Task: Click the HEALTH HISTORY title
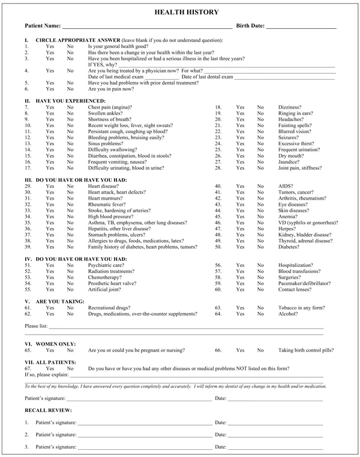click(x=179, y=12)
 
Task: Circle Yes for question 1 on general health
click(x=50, y=46)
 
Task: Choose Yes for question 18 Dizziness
click(x=240, y=107)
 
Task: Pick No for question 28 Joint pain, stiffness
click(x=260, y=169)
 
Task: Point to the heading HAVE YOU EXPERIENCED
click(x=71, y=100)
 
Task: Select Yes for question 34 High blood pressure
click(x=50, y=217)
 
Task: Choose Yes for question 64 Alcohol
click(x=240, y=314)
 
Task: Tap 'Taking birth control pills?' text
click(x=307, y=350)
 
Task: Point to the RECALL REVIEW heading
click(x=48, y=410)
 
